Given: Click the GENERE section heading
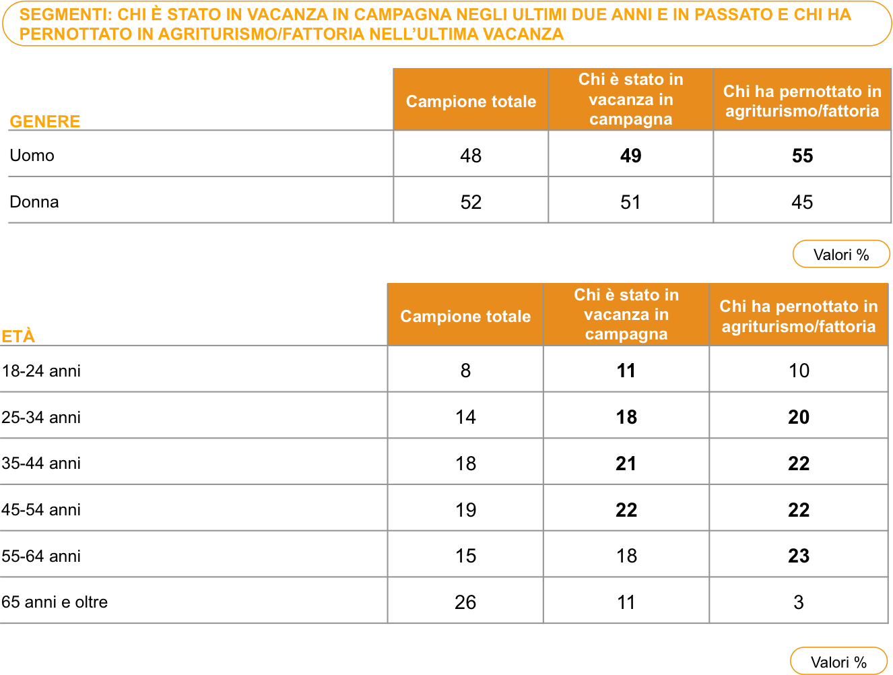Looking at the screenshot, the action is [44, 121].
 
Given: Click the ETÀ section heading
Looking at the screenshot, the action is [18, 336].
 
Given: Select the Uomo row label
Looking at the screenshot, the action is [32, 156].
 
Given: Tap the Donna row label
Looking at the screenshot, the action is [34, 202].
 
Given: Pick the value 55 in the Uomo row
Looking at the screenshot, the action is [802, 156].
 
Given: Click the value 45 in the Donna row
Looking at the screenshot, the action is [802, 202].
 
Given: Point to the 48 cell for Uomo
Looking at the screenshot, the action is [471, 156].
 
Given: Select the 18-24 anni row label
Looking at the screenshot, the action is [41, 371].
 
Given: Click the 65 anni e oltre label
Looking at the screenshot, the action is [55, 602].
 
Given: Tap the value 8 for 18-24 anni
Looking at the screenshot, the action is [465, 371].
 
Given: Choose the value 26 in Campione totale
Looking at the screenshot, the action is [465, 602].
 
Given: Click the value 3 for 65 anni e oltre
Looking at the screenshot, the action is [798, 602].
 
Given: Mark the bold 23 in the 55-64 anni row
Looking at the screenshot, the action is [798, 555].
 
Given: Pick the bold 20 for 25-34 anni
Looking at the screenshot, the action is [798, 416].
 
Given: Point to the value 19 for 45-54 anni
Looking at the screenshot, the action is [465, 509].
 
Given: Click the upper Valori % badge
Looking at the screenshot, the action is [841, 254].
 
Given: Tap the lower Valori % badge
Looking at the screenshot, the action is [838, 661].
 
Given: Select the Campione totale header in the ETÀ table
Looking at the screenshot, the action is [465, 316].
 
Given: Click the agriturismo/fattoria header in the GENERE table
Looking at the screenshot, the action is [802, 100].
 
